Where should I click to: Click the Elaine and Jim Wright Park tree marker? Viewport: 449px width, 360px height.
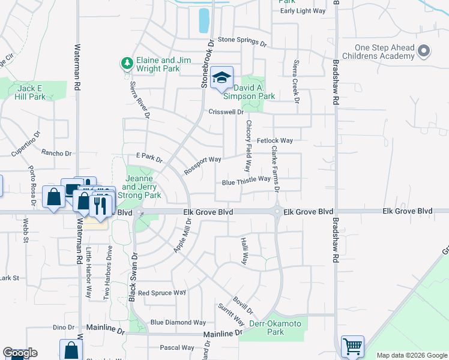point(127,62)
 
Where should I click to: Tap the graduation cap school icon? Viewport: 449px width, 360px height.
point(221,77)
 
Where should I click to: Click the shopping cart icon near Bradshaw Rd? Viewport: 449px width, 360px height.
point(352,346)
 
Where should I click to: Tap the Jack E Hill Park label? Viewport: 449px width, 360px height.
point(31,92)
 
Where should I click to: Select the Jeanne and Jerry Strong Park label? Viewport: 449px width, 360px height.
point(142,187)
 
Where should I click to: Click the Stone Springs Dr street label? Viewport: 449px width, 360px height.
point(242,41)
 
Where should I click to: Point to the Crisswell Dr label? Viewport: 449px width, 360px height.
point(226,112)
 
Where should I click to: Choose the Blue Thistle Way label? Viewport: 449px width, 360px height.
point(246,180)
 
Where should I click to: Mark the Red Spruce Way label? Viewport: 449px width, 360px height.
point(161,293)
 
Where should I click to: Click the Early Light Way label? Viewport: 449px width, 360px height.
point(303,11)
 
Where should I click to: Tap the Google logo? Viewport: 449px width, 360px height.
point(20,353)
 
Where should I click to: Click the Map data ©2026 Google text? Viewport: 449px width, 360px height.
point(412,355)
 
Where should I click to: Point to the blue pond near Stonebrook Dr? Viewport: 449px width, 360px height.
point(204,20)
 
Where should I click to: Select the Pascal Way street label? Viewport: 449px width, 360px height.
point(176,347)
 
